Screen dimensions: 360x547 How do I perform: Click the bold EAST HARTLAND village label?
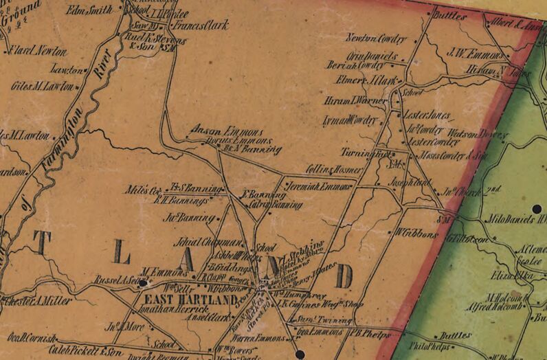point(190,300)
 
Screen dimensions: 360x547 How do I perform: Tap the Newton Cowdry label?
point(377,40)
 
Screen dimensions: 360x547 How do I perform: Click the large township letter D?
point(343,276)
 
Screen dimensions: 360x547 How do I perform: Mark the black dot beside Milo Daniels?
point(536,208)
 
